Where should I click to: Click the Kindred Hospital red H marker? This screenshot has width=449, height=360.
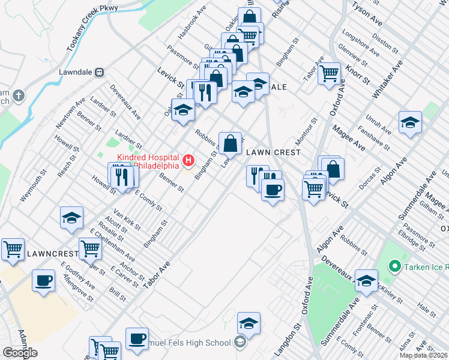click(189, 160)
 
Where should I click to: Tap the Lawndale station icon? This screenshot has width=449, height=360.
click(100, 72)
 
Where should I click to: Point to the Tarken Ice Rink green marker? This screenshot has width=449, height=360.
click(394, 265)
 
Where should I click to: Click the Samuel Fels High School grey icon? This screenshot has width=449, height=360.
click(240, 343)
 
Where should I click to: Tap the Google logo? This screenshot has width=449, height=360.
click(20, 353)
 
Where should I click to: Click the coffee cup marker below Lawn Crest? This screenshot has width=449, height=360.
click(273, 190)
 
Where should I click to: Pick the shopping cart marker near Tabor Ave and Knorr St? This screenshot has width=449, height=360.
click(329, 74)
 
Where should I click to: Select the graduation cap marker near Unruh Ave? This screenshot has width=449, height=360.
click(410, 122)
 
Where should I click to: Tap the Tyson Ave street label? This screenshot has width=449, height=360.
click(367, 13)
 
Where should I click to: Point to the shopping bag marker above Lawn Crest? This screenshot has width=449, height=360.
click(230, 143)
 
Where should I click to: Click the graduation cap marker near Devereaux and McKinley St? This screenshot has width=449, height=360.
click(366, 280)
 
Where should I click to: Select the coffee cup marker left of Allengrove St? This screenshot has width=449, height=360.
click(43, 280)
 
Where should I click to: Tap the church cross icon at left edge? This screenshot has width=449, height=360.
click(19, 95)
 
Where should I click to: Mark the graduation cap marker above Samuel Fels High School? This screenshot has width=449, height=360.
click(249, 323)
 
